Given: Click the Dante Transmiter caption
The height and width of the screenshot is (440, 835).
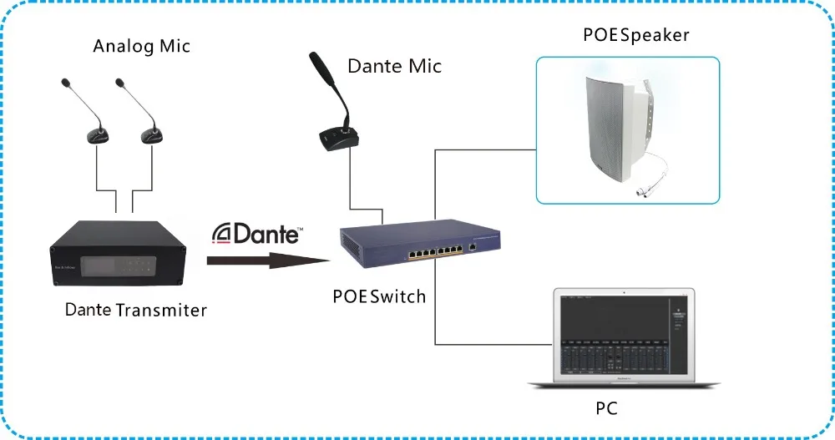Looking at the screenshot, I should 136,310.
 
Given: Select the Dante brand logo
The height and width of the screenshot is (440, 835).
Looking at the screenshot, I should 256,234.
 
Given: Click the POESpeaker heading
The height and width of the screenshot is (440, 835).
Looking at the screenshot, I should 626,35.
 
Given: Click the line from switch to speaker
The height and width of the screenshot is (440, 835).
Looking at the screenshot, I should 484,150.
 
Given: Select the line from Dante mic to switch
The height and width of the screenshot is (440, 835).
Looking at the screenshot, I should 349,188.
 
